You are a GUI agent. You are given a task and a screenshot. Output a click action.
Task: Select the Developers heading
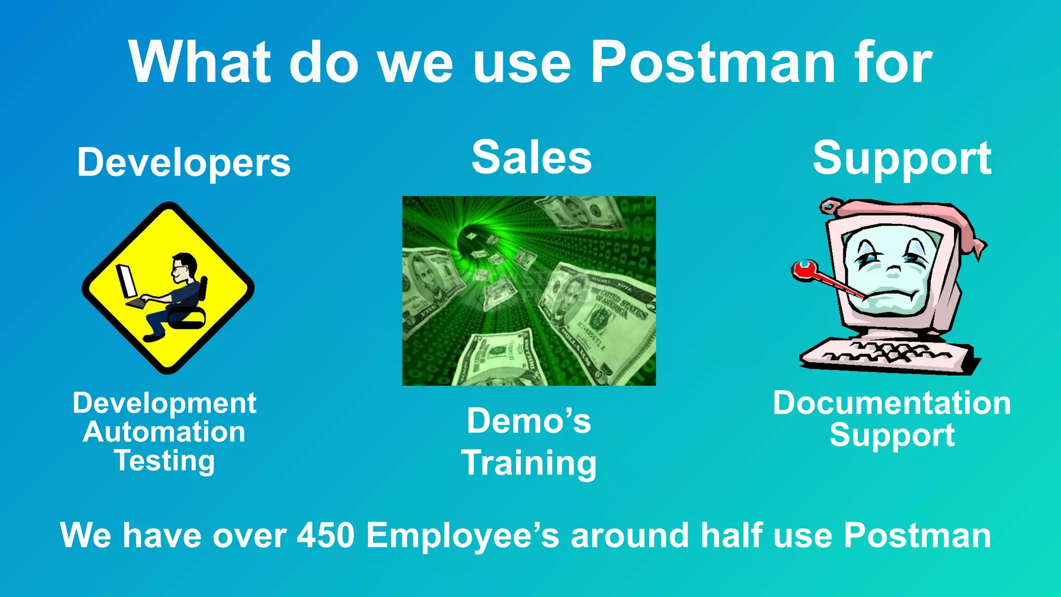coord(184,163)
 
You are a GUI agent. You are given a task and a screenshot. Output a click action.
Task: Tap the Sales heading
coord(532,158)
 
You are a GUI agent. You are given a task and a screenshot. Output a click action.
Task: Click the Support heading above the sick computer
coord(902,159)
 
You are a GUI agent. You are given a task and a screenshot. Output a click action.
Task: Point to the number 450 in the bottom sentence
coord(325,535)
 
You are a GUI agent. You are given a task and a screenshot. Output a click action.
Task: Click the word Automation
coord(164,432)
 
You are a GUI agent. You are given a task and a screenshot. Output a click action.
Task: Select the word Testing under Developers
coord(165,461)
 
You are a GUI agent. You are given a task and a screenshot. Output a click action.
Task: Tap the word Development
coord(164,403)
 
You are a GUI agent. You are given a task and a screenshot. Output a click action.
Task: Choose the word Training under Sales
coord(529,462)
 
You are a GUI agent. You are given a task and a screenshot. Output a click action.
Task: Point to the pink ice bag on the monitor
coord(912,218)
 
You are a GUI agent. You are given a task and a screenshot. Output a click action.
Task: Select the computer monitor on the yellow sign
coord(127,280)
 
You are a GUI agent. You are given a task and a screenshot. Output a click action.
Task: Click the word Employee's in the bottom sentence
coord(463,535)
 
